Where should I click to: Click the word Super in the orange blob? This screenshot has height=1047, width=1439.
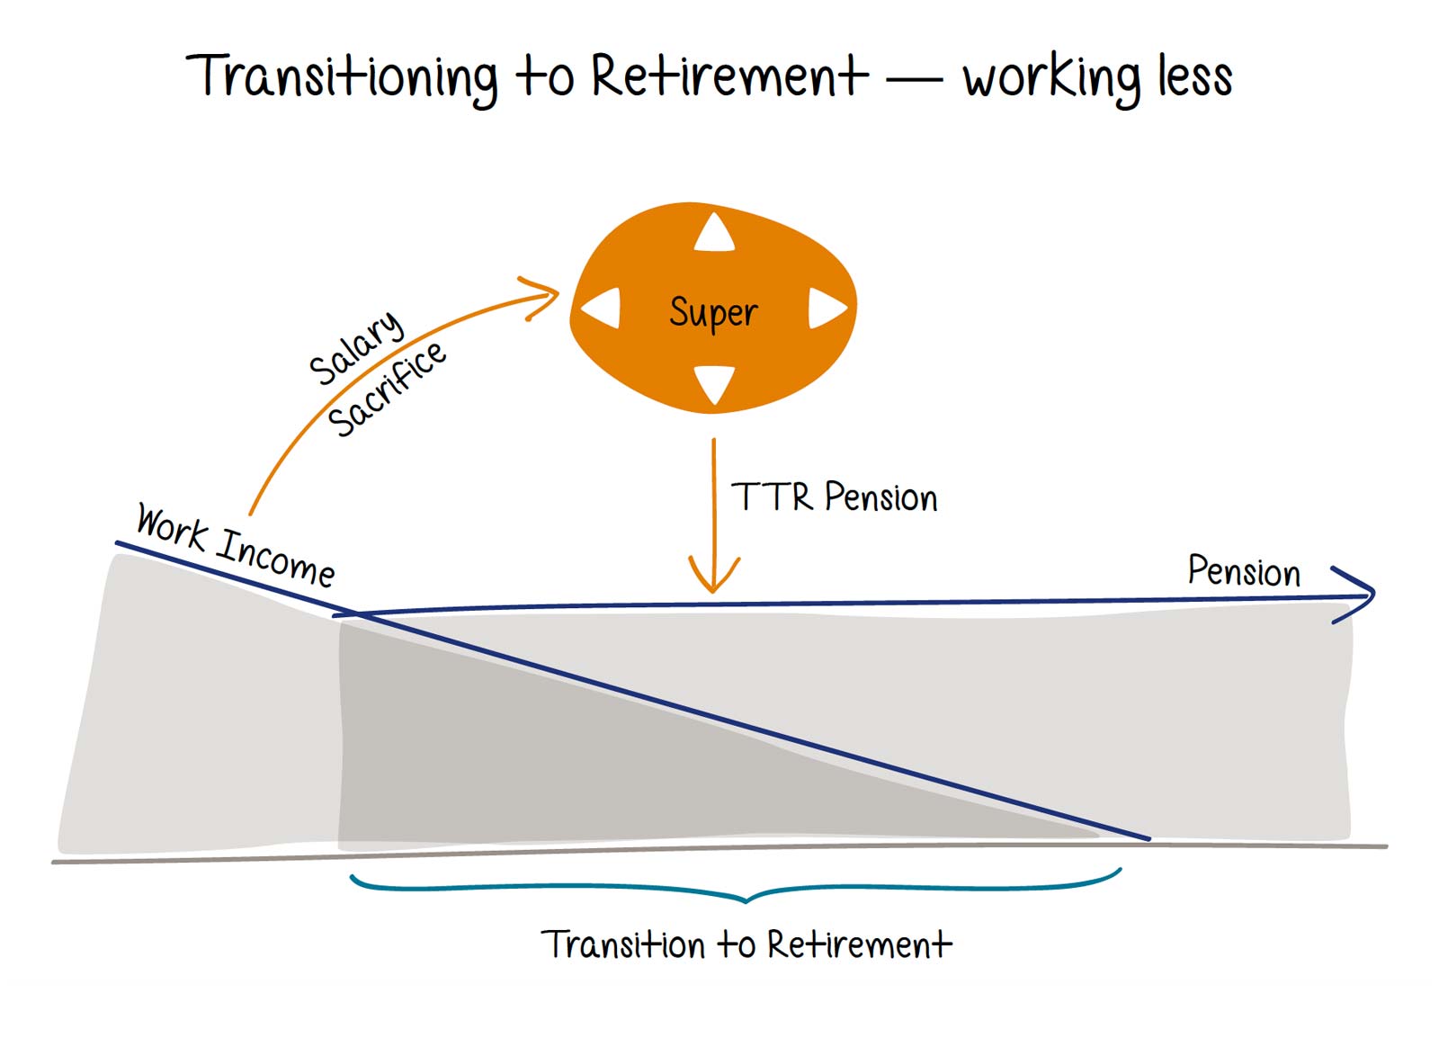click(x=713, y=313)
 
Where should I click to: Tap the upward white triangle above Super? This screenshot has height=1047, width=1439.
click(x=715, y=234)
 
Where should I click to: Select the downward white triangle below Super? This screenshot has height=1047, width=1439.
click(x=715, y=382)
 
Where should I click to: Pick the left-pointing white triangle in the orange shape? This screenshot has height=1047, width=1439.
click(x=603, y=309)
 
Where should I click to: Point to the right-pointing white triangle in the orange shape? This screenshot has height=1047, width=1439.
click(x=826, y=309)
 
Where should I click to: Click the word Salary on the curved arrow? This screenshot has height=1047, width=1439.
click(x=356, y=347)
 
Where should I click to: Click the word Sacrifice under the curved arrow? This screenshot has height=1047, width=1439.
click(x=387, y=389)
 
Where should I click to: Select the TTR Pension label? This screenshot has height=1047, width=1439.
click(x=835, y=497)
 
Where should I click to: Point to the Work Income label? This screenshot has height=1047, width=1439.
click(x=236, y=545)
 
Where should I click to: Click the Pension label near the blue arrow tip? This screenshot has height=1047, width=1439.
click(x=1244, y=571)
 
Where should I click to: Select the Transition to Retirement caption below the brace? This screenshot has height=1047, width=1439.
click(x=746, y=944)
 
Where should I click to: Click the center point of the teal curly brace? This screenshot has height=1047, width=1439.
click(x=746, y=898)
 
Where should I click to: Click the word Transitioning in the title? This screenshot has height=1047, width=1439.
click(x=342, y=76)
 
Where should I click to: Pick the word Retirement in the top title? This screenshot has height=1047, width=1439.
click(x=728, y=76)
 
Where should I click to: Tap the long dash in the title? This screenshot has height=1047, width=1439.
click(x=915, y=81)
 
